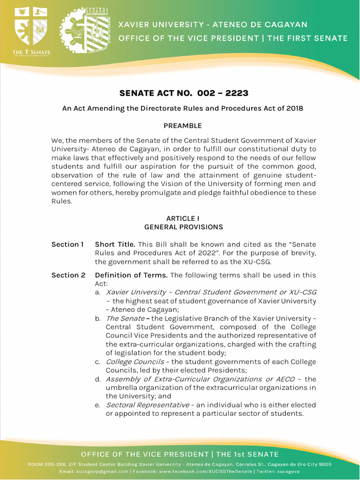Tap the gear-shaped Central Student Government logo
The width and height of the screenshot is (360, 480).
(x=85, y=30)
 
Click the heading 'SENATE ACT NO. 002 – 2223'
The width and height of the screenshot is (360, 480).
(x=184, y=93)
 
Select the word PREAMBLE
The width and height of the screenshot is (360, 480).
(x=182, y=126)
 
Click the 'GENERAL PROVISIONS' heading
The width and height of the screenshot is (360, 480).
(x=183, y=227)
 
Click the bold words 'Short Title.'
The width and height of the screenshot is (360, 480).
(x=115, y=244)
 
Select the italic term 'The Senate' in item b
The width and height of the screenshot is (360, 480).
(x=125, y=318)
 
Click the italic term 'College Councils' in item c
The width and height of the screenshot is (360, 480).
(x=135, y=362)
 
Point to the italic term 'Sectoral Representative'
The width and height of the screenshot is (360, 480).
(x=147, y=405)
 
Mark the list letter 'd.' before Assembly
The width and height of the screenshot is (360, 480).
(x=98, y=379)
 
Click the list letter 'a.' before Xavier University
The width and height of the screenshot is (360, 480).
(x=98, y=292)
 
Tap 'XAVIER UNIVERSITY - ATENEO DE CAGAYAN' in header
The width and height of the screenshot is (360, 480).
(x=212, y=24)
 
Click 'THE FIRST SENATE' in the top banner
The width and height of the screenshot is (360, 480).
(x=307, y=38)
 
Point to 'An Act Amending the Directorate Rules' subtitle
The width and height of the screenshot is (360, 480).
(x=183, y=108)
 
